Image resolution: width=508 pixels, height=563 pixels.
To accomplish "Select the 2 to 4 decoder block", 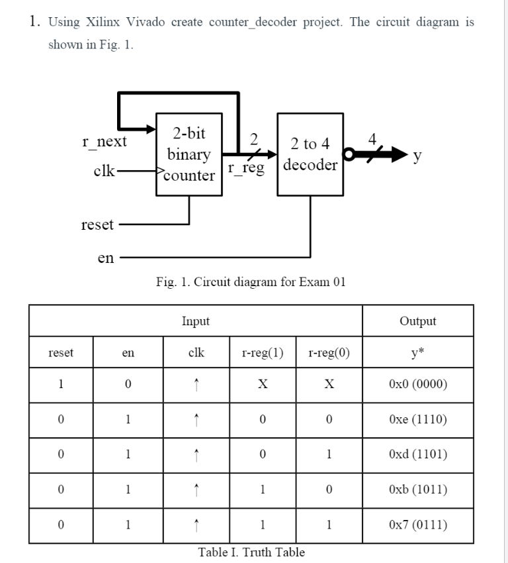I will click(310, 154).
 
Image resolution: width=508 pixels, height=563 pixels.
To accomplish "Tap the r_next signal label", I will click(104, 141).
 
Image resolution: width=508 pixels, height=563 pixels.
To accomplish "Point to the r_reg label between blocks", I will click(246, 168).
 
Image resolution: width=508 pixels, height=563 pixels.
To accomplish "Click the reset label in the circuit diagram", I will click(97, 225).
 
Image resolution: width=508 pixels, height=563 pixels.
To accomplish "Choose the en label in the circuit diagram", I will click(105, 258).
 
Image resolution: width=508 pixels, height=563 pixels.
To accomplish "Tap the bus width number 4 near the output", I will click(373, 140).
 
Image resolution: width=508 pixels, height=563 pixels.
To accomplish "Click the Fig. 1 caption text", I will click(251, 282).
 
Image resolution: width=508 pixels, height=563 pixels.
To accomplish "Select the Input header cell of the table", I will click(195, 321).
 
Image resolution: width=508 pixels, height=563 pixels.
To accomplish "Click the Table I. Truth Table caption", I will click(251, 552).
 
